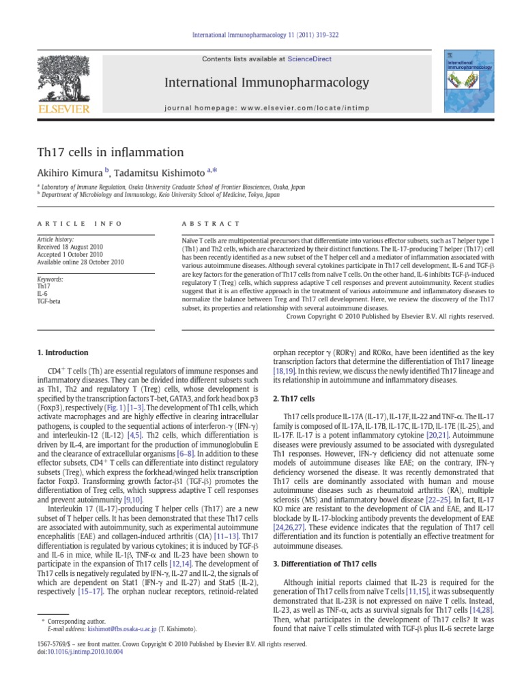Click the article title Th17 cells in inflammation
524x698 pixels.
[x=110, y=152]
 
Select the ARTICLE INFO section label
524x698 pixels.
[x=79, y=224]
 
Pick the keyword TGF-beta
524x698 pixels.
[x=48, y=301]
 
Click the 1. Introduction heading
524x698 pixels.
[x=61, y=352]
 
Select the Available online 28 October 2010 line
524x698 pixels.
[x=81, y=262]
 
